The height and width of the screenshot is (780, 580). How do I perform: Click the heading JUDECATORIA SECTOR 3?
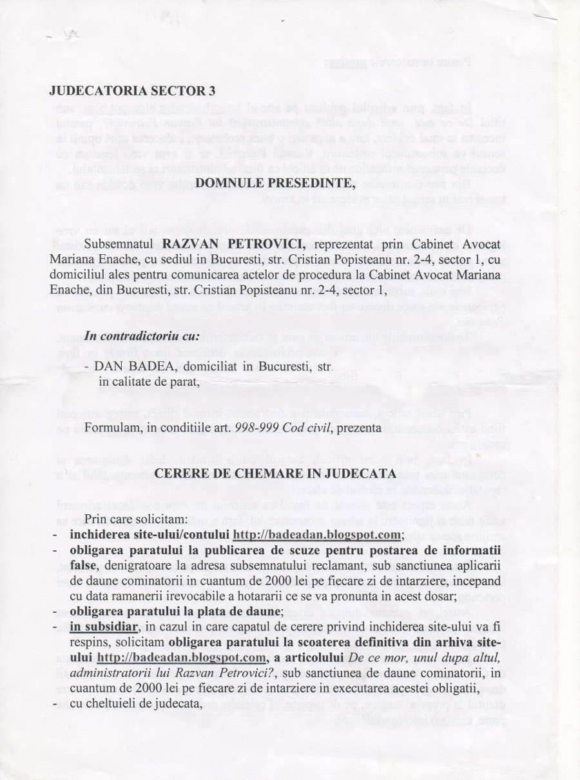(x=132, y=91)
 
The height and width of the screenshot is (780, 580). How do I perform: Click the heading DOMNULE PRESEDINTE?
(x=275, y=182)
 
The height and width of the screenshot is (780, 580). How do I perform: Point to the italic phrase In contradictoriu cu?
(x=142, y=337)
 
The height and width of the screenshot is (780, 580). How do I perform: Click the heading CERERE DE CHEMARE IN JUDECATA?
(x=275, y=473)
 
